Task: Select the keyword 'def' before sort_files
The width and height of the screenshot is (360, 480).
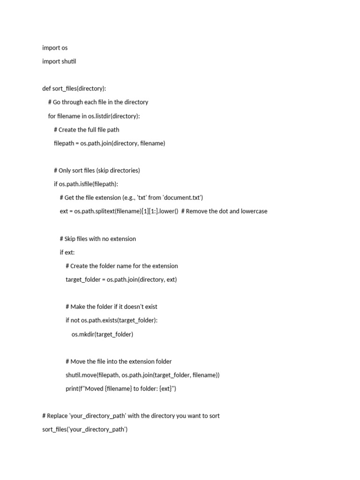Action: [x=46, y=89]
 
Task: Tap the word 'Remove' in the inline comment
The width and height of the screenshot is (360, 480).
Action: [x=198, y=211]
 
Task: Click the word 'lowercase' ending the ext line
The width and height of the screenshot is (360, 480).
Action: [x=253, y=211]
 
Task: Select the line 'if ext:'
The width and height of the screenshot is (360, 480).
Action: [x=67, y=252]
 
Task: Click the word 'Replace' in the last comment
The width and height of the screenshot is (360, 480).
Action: [x=58, y=416]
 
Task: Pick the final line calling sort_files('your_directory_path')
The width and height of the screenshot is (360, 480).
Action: [x=84, y=429]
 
